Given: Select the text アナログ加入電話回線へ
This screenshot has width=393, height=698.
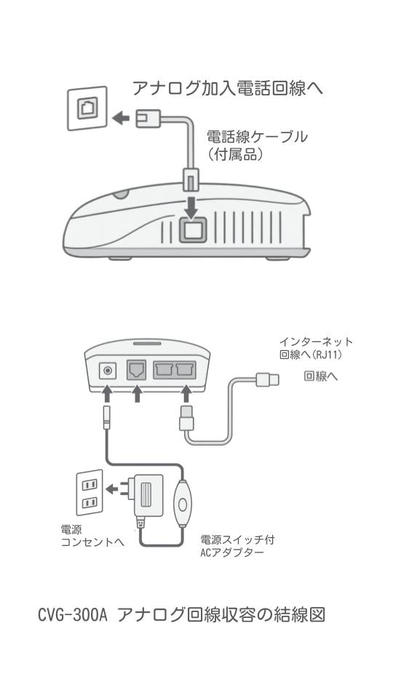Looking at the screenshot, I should [x=228, y=89].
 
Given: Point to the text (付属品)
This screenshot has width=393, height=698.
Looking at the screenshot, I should [x=235, y=155].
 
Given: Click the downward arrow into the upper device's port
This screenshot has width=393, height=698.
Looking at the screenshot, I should [x=191, y=207].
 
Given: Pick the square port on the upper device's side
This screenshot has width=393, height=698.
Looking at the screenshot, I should [x=192, y=230].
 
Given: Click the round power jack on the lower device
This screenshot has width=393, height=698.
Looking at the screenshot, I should [x=109, y=371].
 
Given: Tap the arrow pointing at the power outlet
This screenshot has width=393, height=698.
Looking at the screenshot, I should [x=114, y=489].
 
